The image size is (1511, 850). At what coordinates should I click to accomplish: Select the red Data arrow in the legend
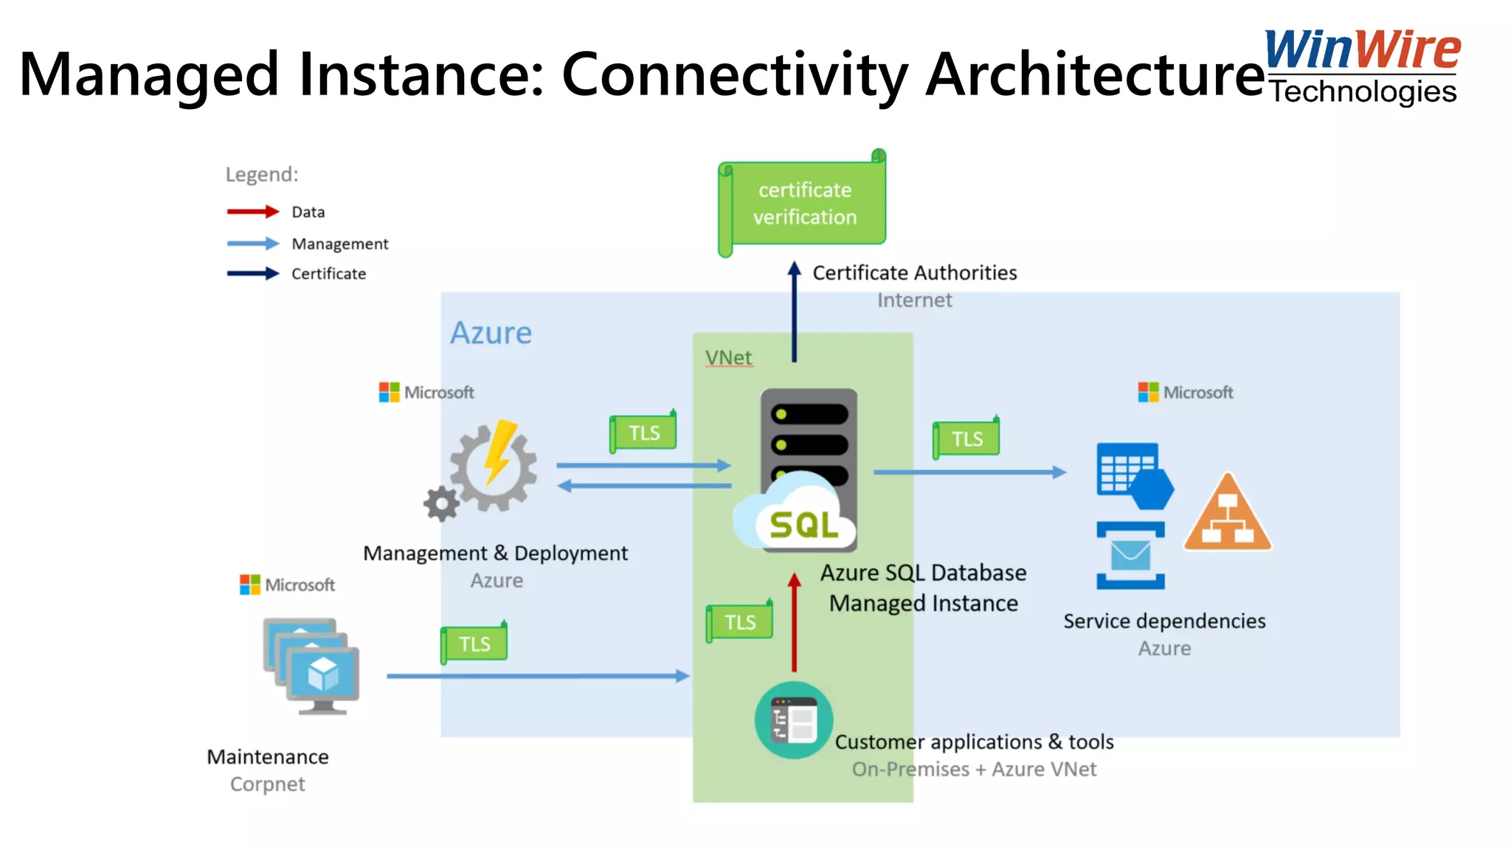click(x=252, y=212)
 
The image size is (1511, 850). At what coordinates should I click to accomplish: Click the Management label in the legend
click(x=339, y=243)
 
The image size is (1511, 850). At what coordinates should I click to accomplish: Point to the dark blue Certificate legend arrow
click(x=252, y=274)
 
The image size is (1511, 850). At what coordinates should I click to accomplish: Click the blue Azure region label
click(x=491, y=333)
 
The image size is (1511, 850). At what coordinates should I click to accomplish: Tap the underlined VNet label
click(x=728, y=358)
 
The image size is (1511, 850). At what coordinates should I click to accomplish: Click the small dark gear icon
click(x=441, y=504)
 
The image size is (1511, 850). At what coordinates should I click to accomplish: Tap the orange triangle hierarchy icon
click(x=1227, y=515)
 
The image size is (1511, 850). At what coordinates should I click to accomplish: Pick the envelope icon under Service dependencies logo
click(x=1130, y=555)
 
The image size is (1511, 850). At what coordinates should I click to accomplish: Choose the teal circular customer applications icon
click(x=794, y=720)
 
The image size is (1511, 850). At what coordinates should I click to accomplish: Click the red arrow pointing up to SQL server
click(x=794, y=623)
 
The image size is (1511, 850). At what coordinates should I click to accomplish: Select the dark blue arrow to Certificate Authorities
click(x=794, y=314)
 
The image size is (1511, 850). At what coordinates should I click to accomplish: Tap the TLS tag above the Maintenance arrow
click(x=474, y=643)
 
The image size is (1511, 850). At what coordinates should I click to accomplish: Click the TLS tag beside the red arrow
click(x=739, y=622)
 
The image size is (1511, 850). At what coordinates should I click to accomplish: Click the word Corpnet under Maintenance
click(x=267, y=784)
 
